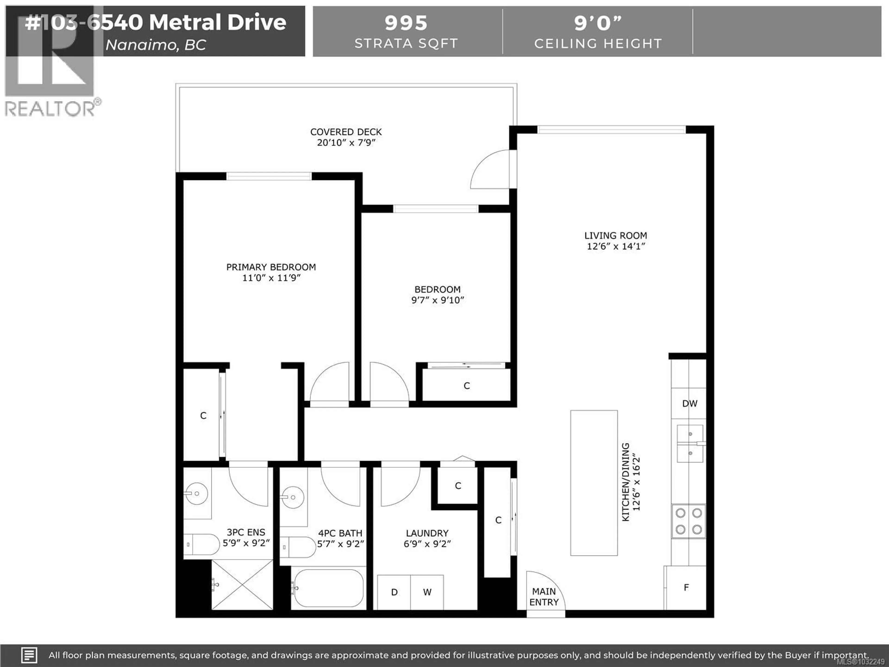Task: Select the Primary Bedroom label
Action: [271, 267]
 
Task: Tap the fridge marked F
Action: [686, 587]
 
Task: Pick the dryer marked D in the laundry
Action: [394, 592]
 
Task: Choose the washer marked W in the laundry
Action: [427, 592]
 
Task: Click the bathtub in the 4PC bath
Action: [329, 588]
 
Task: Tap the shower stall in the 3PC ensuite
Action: [242, 585]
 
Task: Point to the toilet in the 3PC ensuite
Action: [201, 545]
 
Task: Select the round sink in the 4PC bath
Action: [293, 497]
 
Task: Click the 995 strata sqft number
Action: [406, 23]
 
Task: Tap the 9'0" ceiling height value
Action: [598, 23]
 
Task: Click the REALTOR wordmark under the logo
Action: [50, 109]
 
